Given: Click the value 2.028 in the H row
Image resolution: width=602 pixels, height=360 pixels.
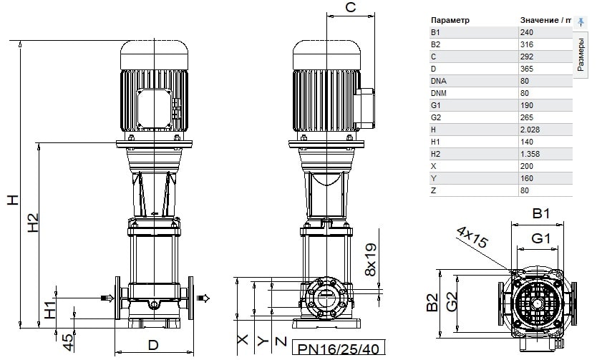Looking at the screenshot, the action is point(530,130).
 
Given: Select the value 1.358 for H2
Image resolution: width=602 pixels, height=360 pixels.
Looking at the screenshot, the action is point(530,154).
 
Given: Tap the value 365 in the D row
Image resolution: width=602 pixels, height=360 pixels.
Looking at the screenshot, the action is point(527,69).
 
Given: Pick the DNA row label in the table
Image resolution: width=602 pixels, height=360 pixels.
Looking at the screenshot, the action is point(439,81).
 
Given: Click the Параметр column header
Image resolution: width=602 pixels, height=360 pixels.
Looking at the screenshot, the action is point(450,20).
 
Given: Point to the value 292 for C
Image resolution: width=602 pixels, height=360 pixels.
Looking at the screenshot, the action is point(527,57).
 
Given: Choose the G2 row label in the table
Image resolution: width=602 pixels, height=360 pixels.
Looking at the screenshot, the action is point(436,117).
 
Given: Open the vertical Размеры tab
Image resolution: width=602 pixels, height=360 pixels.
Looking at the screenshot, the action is point(580,54).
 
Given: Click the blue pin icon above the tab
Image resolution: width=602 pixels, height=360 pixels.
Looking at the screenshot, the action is point(581,21).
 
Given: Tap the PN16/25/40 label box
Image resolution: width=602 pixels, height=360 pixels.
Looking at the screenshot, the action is point(339,348).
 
